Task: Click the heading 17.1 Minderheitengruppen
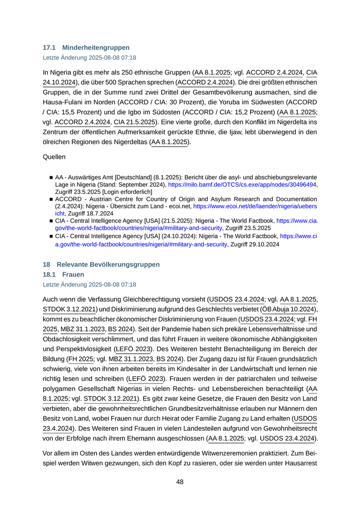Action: (x=86, y=48)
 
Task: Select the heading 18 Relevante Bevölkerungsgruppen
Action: (x=101, y=264)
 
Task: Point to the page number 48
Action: (x=180, y=482)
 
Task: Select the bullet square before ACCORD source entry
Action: (x=51, y=198)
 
